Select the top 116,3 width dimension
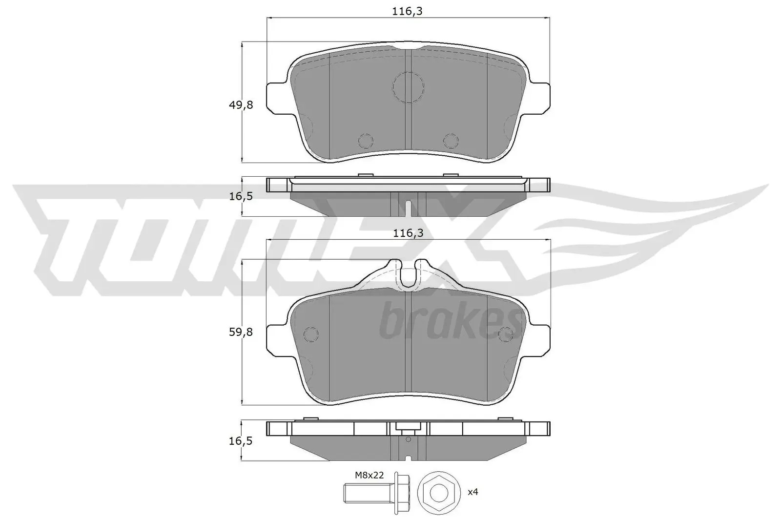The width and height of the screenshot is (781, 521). coord(408,12)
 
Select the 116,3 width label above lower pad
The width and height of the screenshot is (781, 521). coord(408,233)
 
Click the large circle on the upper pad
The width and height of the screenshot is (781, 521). coord(408,87)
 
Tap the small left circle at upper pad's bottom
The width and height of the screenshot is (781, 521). coord(366,141)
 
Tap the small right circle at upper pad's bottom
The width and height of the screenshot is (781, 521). coord(451,141)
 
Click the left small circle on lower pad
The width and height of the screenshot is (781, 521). coord(310,333)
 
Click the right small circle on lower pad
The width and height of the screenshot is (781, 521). coord(506,333)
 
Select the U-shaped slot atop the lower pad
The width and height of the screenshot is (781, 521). coord(408,274)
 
